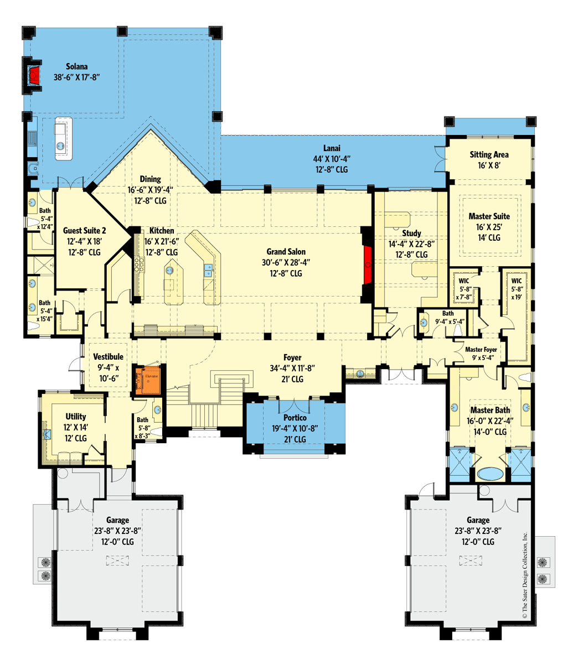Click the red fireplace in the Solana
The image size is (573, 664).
coord(35,75)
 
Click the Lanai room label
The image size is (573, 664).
coord(332,148)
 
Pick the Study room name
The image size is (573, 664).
coord(411,234)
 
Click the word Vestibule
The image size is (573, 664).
coord(108,357)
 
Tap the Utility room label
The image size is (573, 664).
coord(76,417)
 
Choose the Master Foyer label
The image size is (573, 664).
coord(481,350)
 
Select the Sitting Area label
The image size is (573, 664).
coord(489,155)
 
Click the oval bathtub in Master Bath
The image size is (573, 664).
coord(491,474)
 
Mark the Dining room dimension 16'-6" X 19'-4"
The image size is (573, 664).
coord(150,189)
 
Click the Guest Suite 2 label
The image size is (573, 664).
coord(84,231)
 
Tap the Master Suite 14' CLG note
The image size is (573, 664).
coord(489,237)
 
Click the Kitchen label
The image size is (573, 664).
coord(162,231)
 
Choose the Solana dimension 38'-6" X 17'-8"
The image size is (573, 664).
coord(77,78)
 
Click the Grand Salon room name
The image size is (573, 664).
coord(286,252)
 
